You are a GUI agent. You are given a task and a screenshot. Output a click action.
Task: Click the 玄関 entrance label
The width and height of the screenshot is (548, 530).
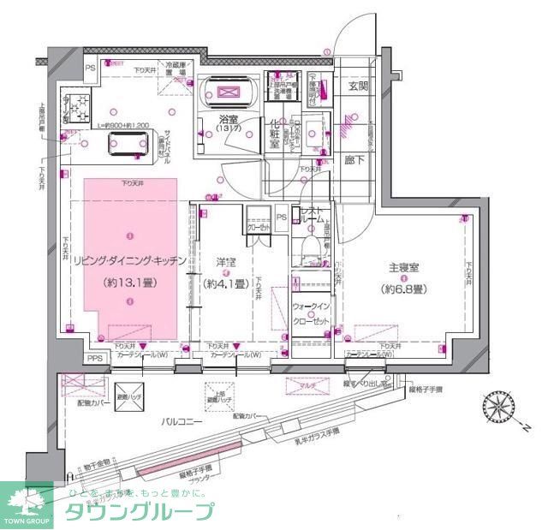point(357,86)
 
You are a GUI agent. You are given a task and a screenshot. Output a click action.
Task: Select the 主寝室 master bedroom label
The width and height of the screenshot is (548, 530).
point(402,268)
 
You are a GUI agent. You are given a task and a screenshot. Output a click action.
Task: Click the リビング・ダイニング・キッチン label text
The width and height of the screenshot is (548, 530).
point(128,262)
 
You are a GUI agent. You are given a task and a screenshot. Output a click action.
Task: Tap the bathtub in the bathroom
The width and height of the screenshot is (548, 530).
point(228,92)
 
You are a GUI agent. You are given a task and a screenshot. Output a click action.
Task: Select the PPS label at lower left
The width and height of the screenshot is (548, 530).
point(94,359)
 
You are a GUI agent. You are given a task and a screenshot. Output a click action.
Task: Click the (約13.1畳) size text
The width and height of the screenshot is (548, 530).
point(128,282)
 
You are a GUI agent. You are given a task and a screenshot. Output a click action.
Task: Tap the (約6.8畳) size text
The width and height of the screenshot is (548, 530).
point(402,288)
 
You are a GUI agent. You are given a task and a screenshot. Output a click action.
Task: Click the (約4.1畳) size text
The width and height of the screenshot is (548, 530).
point(225,283)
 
